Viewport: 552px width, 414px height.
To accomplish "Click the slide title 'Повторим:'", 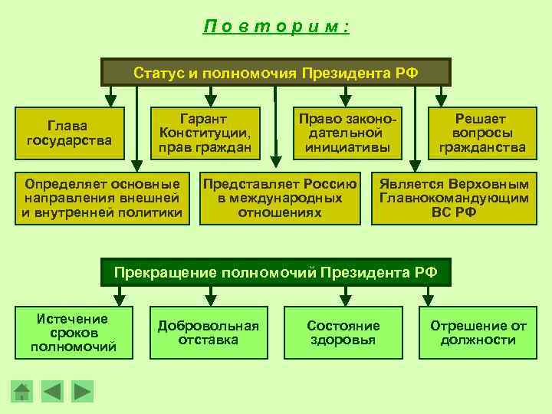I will pyautogui.click(x=276, y=26).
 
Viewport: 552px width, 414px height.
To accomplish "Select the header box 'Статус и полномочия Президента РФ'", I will pyautogui.click(x=276, y=73).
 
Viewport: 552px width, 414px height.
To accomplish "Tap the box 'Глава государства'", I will pyautogui.click(x=68, y=133).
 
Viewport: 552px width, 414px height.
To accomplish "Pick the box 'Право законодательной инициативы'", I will pyautogui.click(x=347, y=133).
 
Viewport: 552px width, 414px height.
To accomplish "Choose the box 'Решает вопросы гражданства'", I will pyautogui.click(x=477, y=133).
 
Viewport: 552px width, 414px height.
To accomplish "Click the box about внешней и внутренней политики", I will pyautogui.click(x=102, y=198).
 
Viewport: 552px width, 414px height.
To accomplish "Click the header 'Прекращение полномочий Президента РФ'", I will pyautogui.click(x=276, y=271).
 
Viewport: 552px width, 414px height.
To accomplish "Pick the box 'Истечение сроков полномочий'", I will pyautogui.click(x=73, y=333).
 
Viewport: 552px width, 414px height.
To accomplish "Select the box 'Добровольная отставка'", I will pyautogui.click(x=208, y=333).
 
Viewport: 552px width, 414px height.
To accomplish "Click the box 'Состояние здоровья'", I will pyautogui.click(x=343, y=333).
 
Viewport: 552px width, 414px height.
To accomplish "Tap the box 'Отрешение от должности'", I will pyautogui.click(x=478, y=333).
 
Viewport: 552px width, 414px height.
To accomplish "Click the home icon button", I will pyautogui.click(x=23, y=392).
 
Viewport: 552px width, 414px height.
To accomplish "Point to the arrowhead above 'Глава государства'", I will pyautogui.click(x=111, y=98).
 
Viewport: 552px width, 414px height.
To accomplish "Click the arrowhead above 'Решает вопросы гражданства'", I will pyautogui.click(x=441, y=98).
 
